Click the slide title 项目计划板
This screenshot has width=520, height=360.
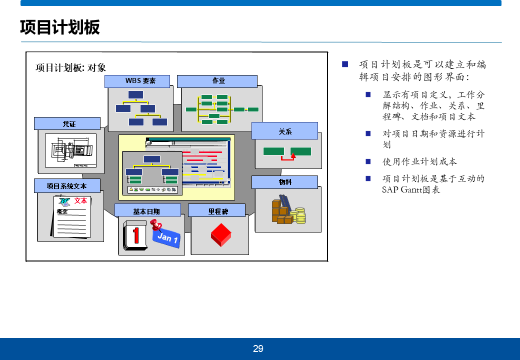[60, 27]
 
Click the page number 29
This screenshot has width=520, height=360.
[258, 349]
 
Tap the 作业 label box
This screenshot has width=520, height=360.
[217, 81]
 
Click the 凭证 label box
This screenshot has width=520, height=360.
[67, 123]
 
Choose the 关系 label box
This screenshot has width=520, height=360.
[284, 131]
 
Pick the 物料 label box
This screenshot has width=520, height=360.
[284, 182]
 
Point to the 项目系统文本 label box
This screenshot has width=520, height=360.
[67, 185]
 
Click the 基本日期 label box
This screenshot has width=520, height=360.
[146, 210]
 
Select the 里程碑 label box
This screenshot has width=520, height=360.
[216, 210]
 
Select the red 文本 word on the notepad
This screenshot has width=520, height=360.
[80, 200]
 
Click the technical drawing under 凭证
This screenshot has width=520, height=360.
[70, 150]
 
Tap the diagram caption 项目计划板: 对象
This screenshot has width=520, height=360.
[71, 68]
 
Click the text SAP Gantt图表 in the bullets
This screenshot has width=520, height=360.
[411, 190]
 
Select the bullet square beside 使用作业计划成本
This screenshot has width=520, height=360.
[368, 161]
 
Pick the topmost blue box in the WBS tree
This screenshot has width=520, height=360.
[135, 94]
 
